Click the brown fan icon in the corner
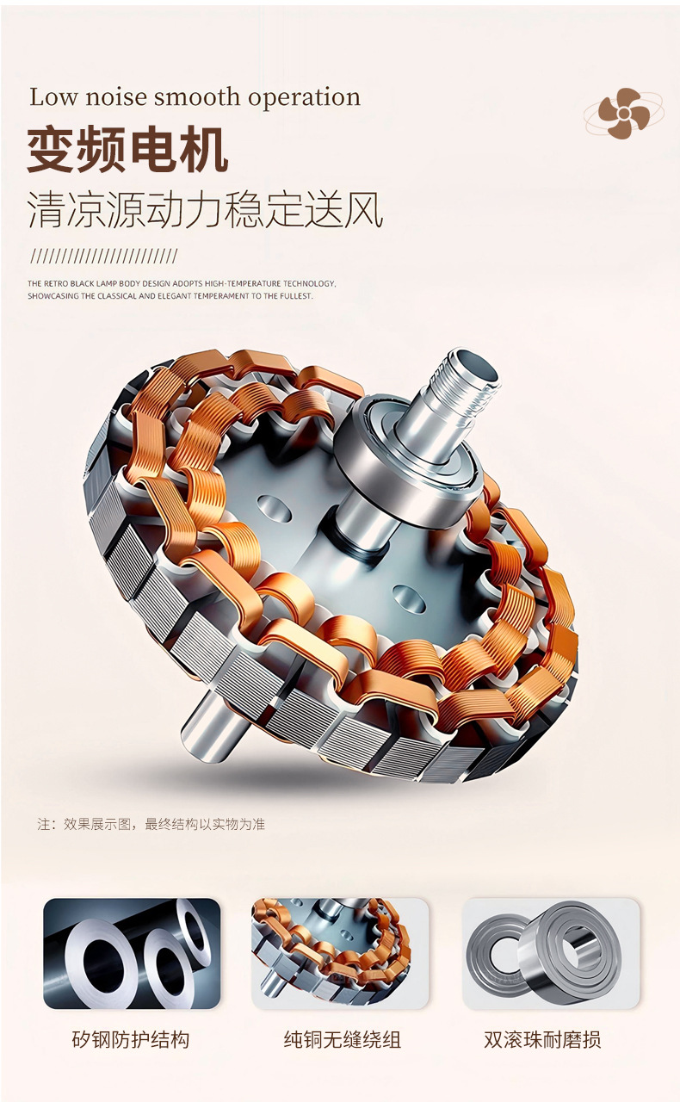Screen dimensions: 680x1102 [624, 113]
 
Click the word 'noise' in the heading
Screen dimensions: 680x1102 [116, 97]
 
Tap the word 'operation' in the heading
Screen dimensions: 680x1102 [304, 98]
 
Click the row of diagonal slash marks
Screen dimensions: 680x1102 [102, 257]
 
